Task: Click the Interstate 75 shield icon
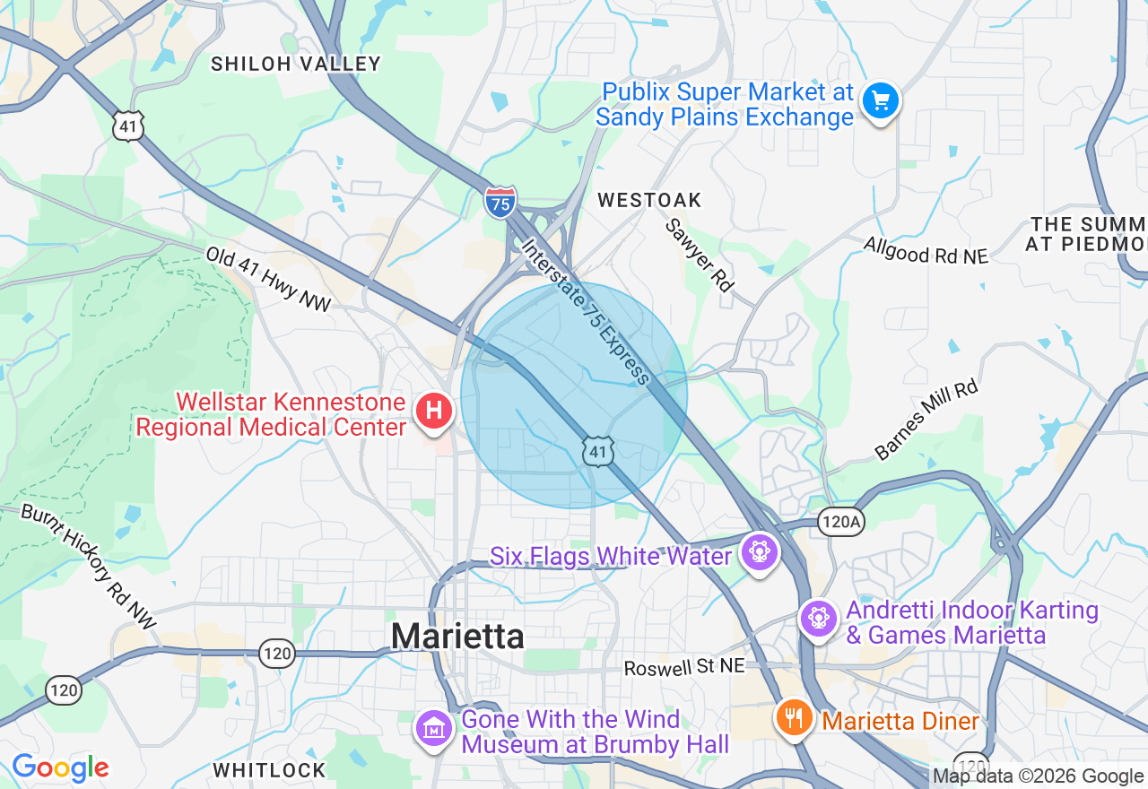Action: [x=500, y=202]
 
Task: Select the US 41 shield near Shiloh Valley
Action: [x=128, y=126]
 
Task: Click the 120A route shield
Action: [x=840, y=521]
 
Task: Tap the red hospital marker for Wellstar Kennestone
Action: [x=434, y=412]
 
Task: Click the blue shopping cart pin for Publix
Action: [x=880, y=100]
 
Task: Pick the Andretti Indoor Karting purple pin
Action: [x=817, y=618]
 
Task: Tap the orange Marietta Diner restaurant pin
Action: [x=793, y=716]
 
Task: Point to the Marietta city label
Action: [x=457, y=636]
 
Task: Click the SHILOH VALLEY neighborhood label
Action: [x=295, y=64]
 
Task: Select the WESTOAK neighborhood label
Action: [x=649, y=200]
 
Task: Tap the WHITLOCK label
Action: [x=269, y=770]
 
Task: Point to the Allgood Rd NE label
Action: [x=926, y=250]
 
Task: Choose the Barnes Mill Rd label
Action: [x=926, y=420]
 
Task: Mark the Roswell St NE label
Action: [x=684, y=668]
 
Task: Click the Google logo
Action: [x=60, y=768]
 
